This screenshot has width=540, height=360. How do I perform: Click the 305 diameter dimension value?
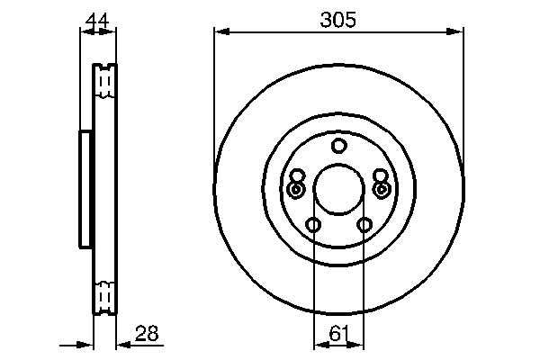click(338, 18)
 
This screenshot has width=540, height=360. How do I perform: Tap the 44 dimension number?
click(97, 18)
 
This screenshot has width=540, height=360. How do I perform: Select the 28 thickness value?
click(146, 334)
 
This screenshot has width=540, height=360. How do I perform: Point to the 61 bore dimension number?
click(338, 334)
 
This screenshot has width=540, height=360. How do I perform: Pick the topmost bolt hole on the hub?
click(338, 146)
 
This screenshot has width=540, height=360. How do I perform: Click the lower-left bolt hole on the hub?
click(312, 225)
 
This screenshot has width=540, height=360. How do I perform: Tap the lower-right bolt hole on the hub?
click(364, 225)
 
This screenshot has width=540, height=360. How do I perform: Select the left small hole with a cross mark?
click(296, 190)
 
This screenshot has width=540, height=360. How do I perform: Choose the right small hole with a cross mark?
click(381, 190)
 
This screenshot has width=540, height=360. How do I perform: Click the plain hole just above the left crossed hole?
click(298, 176)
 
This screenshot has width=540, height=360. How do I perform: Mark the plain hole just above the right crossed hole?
click(379, 176)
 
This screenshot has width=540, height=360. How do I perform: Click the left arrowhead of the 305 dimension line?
click(220, 32)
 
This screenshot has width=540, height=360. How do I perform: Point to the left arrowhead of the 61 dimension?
click(317, 344)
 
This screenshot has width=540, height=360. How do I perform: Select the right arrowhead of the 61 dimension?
click(360, 344)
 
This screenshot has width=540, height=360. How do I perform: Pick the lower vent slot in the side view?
click(105, 296)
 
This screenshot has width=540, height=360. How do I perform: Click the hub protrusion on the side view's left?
click(85, 188)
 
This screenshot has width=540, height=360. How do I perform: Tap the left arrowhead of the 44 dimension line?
click(85, 32)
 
